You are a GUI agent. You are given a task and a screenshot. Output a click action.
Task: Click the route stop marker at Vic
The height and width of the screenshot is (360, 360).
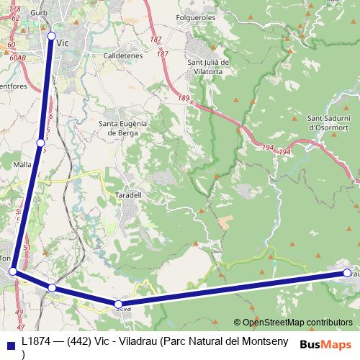pos(51,36)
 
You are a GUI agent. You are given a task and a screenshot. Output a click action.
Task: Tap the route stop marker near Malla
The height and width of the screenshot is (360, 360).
pos(41,143)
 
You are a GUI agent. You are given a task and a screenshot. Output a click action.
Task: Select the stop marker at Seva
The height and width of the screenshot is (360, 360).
pos(118,304)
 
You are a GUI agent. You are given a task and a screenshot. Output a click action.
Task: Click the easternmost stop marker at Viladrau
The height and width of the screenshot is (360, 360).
pos(347,273)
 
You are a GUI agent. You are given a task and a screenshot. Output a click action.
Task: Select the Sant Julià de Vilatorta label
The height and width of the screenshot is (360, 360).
pos(208,67)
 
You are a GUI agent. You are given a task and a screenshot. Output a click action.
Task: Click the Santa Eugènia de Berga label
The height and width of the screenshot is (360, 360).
pos(122,127)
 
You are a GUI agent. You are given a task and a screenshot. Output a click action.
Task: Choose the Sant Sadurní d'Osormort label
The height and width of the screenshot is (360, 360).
pos(329,122)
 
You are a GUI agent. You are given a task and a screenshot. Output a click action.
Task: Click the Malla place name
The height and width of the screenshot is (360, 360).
pos(22,164)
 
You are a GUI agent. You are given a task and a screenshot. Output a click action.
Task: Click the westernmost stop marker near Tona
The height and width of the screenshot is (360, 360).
pos(13,271)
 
